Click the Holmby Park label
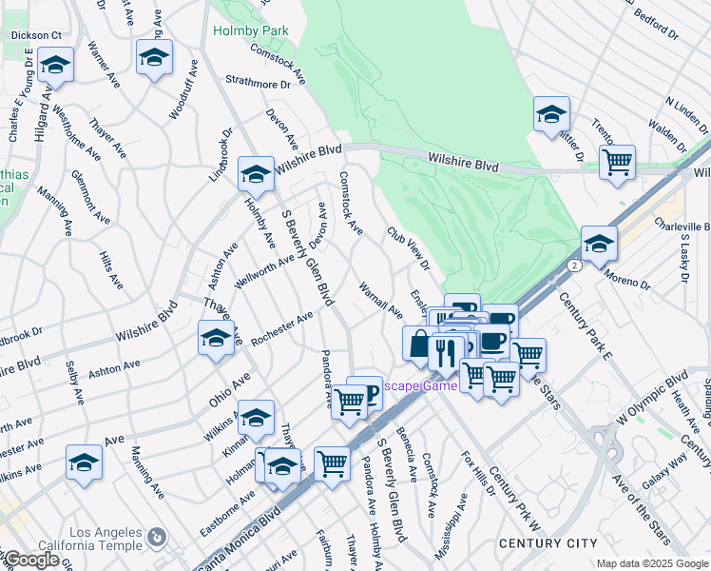(250, 31)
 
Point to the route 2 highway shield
(573, 266)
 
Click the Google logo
(30, 560)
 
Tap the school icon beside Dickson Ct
(56, 66)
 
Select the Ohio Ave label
(230, 390)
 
